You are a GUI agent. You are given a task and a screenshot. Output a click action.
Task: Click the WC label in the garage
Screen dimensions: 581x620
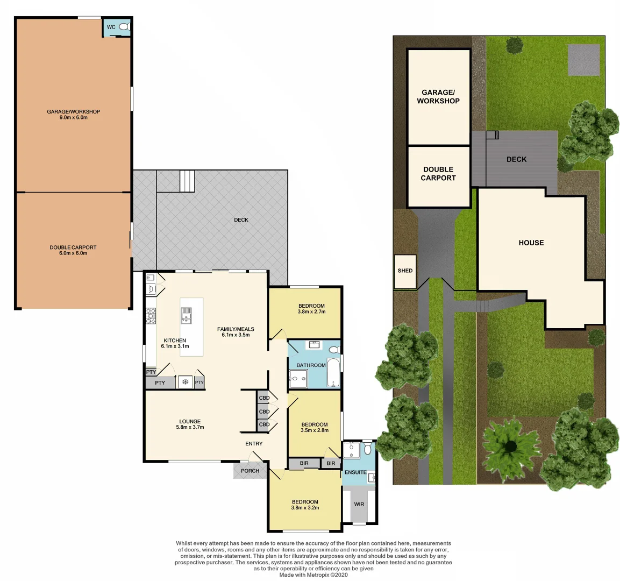click(111, 27)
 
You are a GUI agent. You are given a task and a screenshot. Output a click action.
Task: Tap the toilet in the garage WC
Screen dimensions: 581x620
click(124, 27)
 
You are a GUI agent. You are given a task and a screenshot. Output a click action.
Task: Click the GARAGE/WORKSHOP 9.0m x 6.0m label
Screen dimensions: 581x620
click(74, 115)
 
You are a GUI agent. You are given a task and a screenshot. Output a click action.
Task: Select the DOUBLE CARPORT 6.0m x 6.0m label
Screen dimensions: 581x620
click(73, 250)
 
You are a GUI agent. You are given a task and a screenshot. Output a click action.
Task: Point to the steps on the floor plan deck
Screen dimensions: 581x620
click(187, 181)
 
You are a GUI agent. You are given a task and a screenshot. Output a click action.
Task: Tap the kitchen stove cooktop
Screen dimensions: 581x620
click(151, 316)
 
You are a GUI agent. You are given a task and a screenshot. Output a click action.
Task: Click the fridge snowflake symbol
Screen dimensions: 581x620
click(186, 382)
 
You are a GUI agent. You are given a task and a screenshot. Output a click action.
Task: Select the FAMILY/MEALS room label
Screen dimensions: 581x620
click(236, 332)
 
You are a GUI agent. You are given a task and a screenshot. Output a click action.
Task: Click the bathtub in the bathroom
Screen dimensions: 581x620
click(333, 373)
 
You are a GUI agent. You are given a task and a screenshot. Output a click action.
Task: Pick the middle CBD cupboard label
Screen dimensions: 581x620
click(264, 412)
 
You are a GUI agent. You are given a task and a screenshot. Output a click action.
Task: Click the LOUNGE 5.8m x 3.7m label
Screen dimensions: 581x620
click(190, 424)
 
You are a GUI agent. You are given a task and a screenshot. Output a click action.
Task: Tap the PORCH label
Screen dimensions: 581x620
click(250, 471)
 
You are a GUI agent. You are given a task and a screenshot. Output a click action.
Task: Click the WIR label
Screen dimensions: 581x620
click(359, 505)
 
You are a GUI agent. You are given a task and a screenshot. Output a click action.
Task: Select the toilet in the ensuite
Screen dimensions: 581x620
click(368, 448)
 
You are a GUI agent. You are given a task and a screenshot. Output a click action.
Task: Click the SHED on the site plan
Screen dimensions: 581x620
click(405, 271)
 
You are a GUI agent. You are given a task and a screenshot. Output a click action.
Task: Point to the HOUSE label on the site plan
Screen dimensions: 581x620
click(531, 243)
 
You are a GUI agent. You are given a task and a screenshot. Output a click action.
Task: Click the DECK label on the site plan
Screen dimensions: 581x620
click(516, 159)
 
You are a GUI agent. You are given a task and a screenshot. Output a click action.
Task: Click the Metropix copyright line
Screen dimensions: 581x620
click(313, 575)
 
